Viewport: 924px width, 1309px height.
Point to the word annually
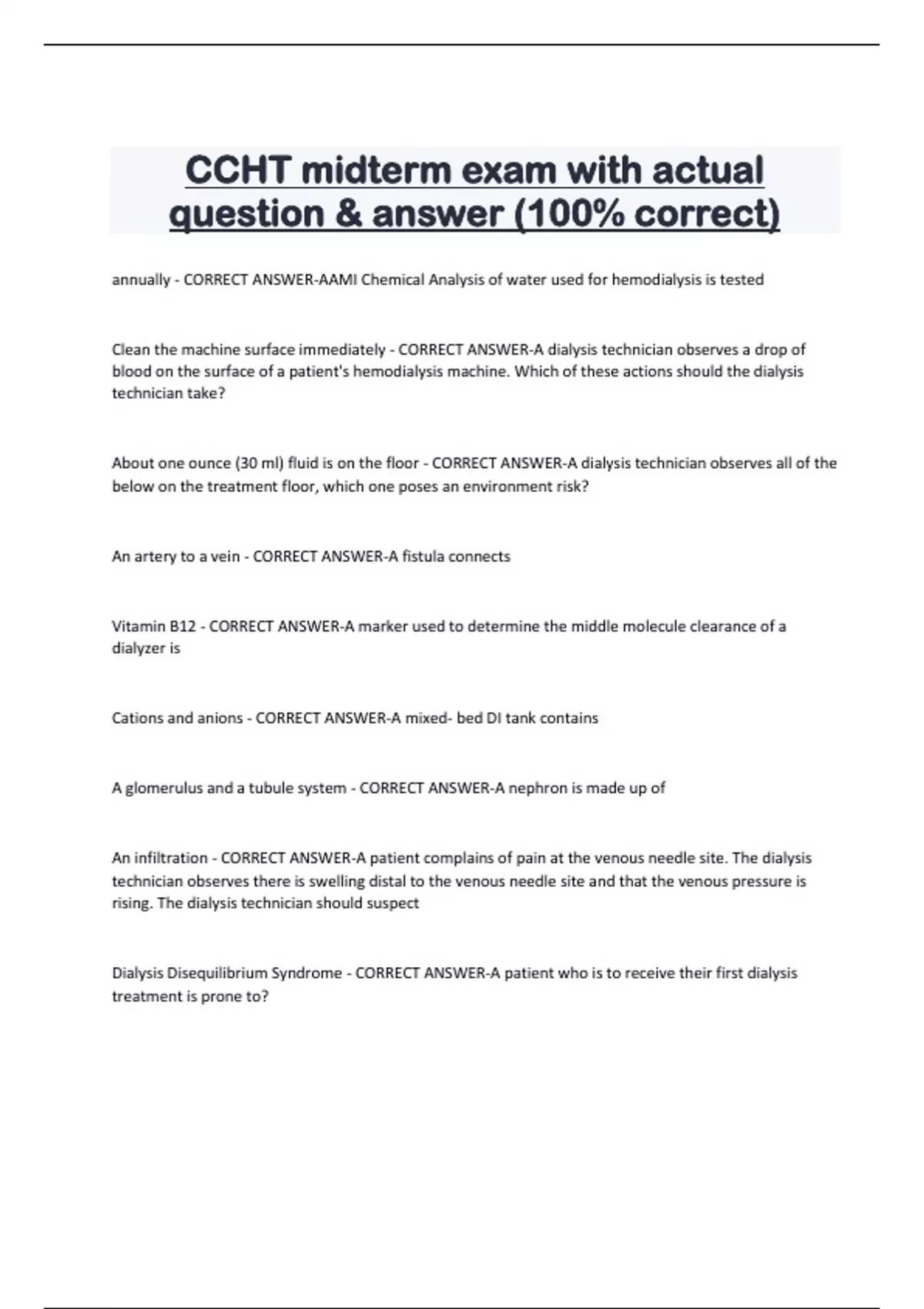[141, 280]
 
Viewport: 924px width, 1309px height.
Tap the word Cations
[137, 718]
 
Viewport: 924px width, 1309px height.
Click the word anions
[219, 718]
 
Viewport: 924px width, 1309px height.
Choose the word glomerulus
[164, 788]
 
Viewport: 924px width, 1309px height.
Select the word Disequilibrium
[237, 973]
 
